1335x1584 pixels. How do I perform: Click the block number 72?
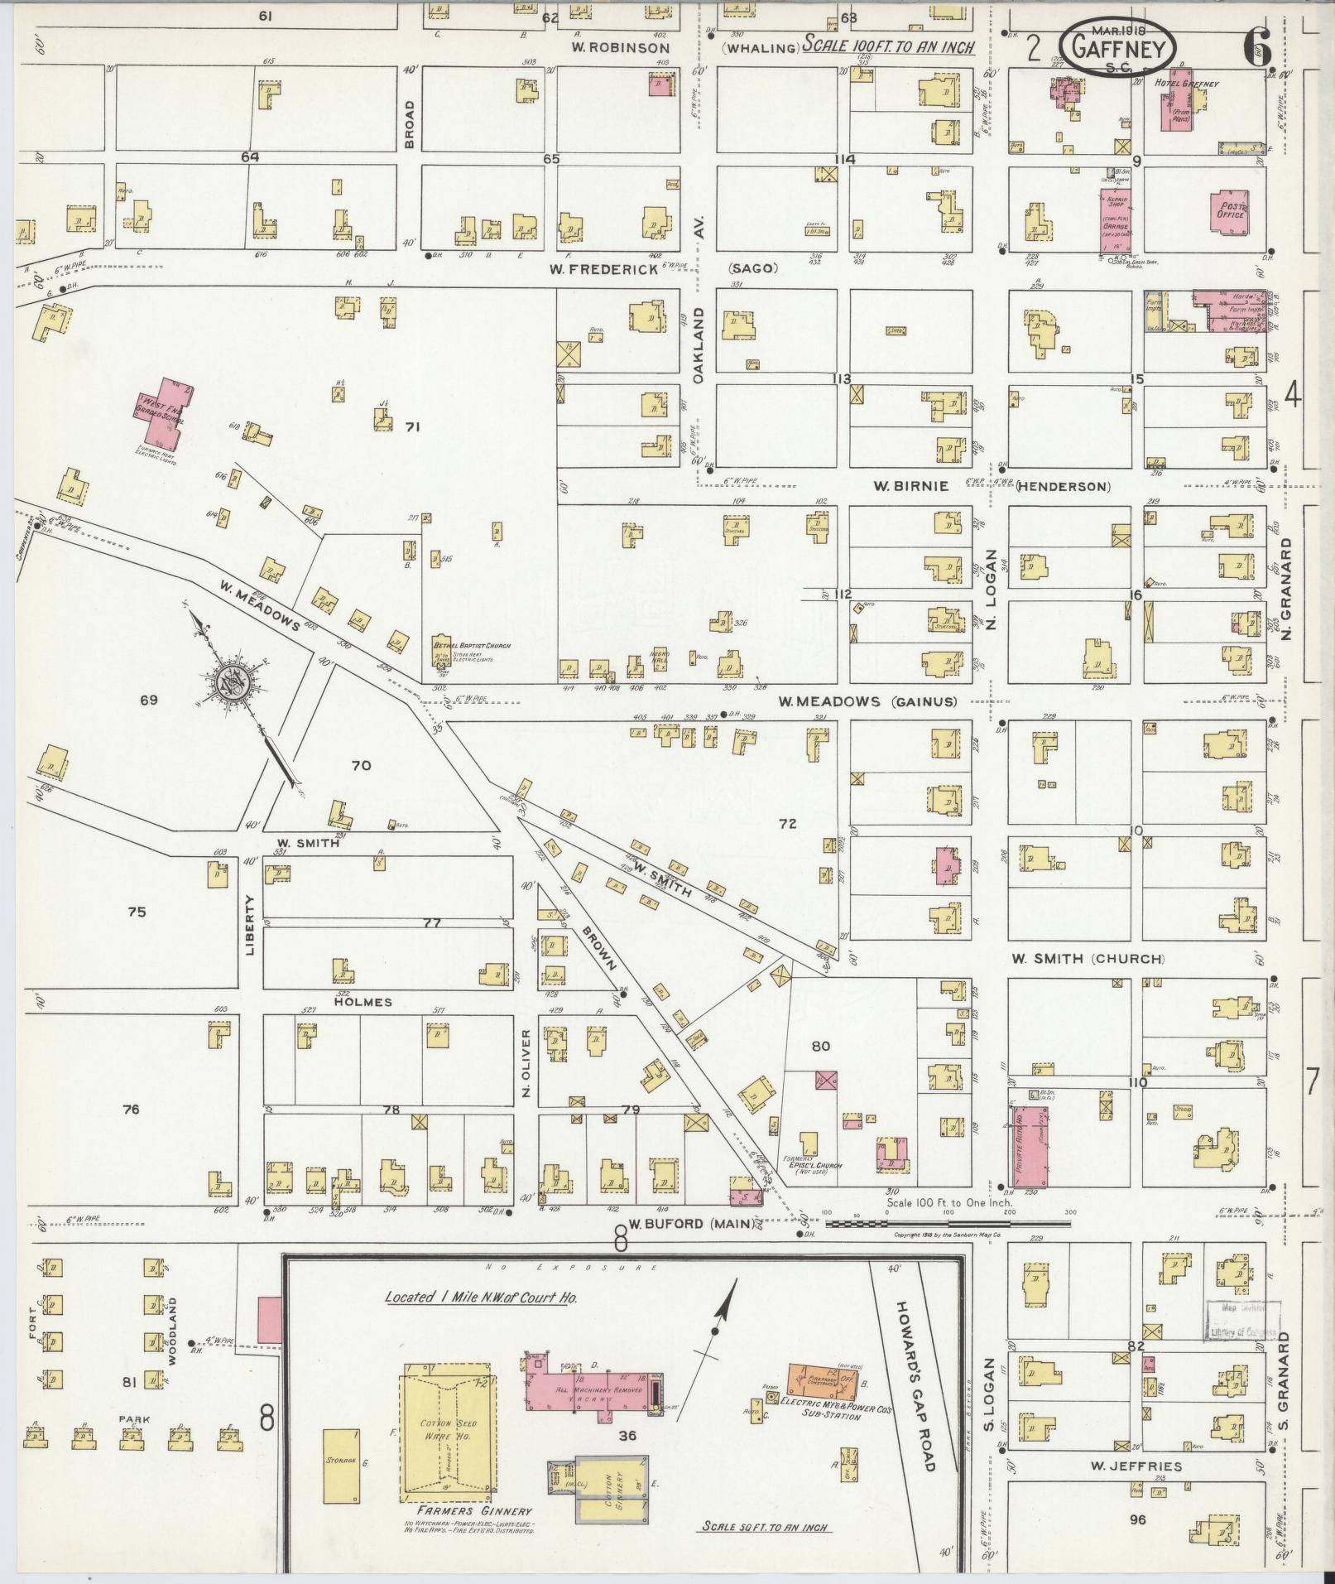pos(787,823)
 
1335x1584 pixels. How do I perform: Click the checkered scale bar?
pos(948,1223)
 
